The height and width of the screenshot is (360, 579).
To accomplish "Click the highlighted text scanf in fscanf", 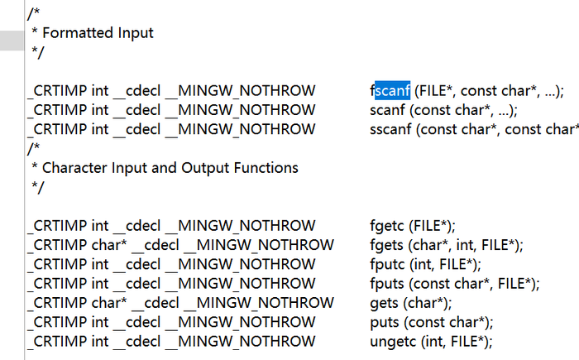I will [x=392, y=90].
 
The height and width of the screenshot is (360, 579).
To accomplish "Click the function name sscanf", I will [x=390, y=129].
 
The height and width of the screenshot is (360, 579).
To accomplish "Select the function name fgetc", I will [x=387, y=226].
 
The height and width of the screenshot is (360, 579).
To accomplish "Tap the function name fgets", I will [x=387, y=245].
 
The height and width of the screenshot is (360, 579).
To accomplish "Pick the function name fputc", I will [x=387, y=264].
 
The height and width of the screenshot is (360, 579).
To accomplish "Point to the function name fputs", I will [x=387, y=284].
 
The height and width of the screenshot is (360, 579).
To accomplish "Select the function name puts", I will [x=385, y=322].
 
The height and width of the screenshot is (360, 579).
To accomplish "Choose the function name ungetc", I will [x=392, y=341].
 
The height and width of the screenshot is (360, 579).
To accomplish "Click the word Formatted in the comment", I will [x=74, y=33].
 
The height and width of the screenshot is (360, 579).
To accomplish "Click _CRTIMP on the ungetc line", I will [x=56, y=341].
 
